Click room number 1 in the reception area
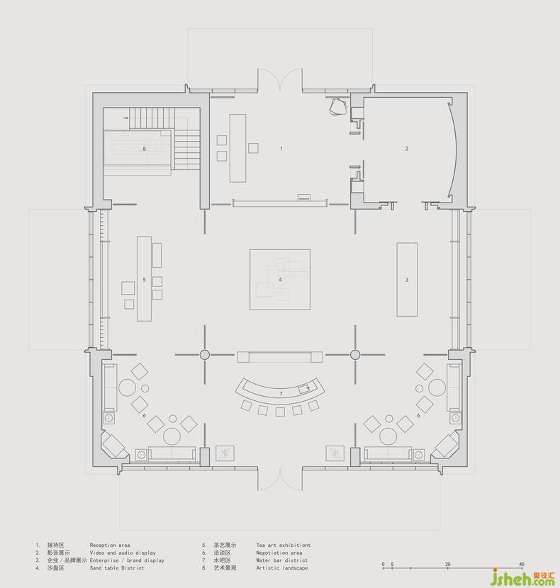click(x=281, y=149)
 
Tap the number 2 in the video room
click(x=406, y=149)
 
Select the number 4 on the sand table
click(x=280, y=279)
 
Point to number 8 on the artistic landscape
click(x=144, y=149)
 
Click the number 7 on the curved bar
click(x=281, y=394)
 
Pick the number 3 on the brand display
click(x=407, y=280)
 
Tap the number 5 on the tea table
click(x=144, y=280)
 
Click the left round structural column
click(x=205, y=354)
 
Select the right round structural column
click(x=355, y=354)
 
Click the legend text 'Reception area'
click(x=110, y=545)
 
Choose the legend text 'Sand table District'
click(x=117, y=567)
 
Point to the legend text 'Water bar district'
click(x=282, y=560)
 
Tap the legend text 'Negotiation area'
click(x=279, y=553)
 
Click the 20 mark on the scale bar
click(x=448, y=564)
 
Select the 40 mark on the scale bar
click(x=521, y=564)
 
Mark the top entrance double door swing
click(x=280, y=79)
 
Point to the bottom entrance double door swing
click(x=280, y=479)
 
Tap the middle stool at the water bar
click(x=280, y=412)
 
